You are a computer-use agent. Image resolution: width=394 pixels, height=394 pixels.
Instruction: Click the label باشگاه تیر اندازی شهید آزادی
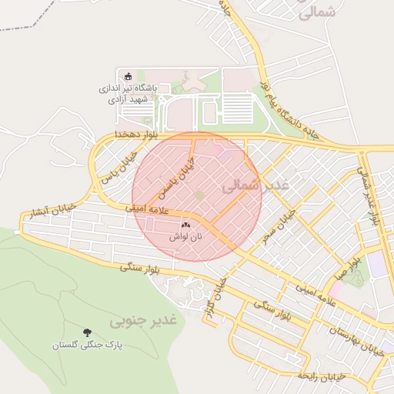click(x=128, y=94)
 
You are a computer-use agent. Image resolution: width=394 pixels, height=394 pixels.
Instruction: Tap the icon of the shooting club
click(x=129, y=76)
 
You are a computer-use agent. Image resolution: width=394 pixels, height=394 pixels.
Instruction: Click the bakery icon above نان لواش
click(x=185, y=225)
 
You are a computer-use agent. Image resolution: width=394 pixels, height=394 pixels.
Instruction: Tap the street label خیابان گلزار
click(x=222, y=301)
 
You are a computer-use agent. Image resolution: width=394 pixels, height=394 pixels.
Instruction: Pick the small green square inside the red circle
click(x=199, y=196)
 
